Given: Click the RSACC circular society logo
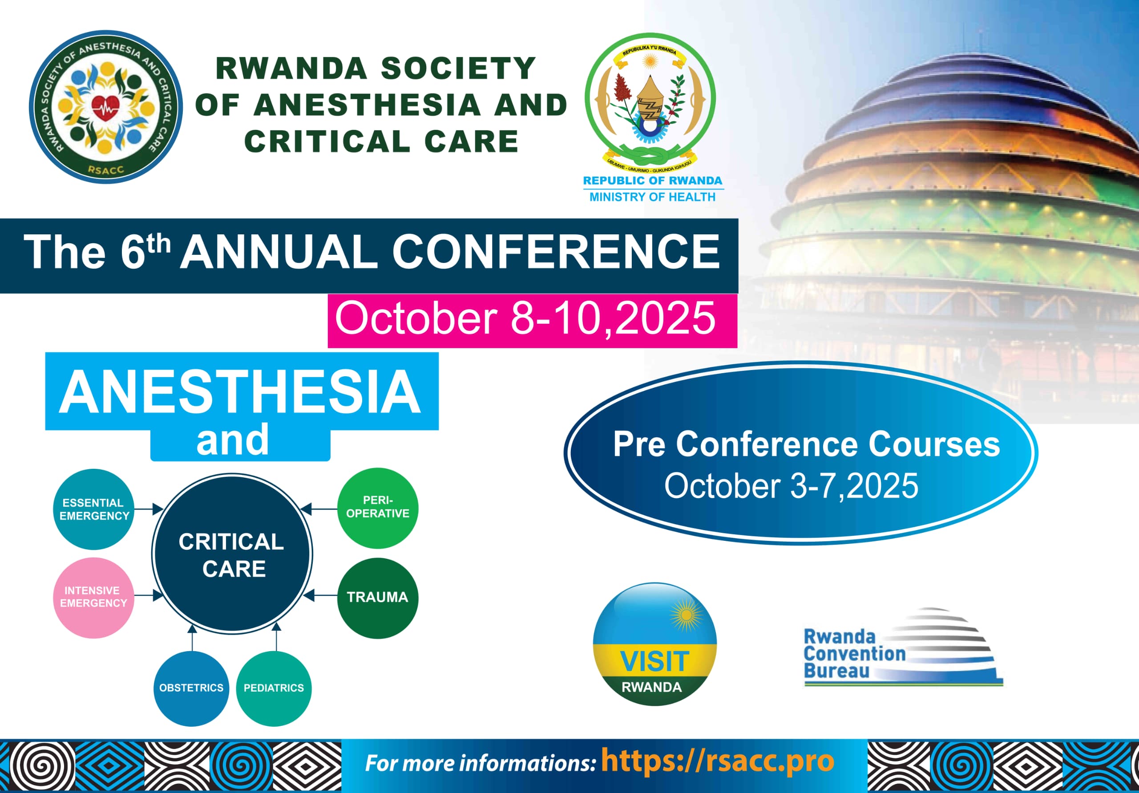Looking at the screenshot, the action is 105,107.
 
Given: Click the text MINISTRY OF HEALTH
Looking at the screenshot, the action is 652,197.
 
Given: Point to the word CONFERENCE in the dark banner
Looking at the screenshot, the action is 556,251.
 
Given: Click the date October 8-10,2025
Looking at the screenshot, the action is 525,319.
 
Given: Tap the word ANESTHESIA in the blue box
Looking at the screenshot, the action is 240,392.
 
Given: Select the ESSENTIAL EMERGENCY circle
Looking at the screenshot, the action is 94,509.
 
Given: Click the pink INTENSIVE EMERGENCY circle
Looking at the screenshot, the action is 94,597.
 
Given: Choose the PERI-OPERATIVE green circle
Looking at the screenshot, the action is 378,508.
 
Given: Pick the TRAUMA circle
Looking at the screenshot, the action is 378,598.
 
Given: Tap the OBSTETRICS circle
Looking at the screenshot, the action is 191,688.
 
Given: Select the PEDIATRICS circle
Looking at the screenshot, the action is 274,688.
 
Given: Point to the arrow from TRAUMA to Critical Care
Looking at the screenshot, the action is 320,595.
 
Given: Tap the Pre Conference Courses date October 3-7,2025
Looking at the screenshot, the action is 791,486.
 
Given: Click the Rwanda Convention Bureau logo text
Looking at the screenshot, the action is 854,654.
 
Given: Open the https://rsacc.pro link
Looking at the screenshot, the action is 717,761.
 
